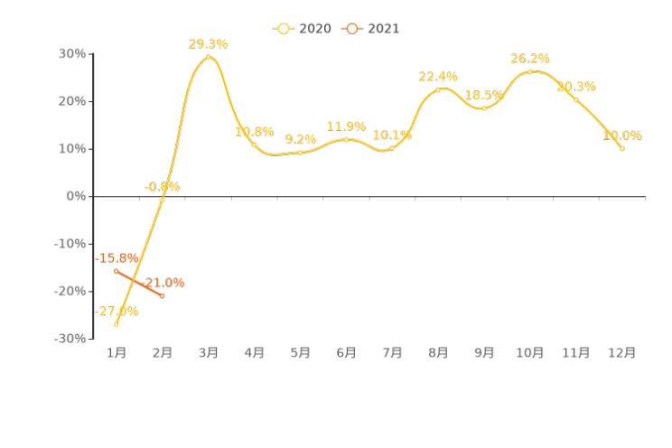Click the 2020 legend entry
click(303, 29)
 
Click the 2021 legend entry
click(371, 29)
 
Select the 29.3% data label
click(208, 44)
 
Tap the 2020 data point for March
click(208, 57)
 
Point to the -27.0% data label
click(117, 312)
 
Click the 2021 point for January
click(116, 271)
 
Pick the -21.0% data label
click(163, 283)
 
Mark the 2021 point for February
click(163, 295)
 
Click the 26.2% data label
click(530, 59)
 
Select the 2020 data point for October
click(530, 71)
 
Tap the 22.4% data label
click(438, 77)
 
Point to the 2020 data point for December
click(622, 148)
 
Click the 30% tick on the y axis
click(74, 54)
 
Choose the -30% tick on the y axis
click(71, 339)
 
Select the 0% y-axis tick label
click(78, 196)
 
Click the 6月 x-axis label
click(346, 353)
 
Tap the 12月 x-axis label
click(622, 353)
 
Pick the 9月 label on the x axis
click(484, 353)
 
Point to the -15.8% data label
click(117, 258)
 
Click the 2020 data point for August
click(438, 89)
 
